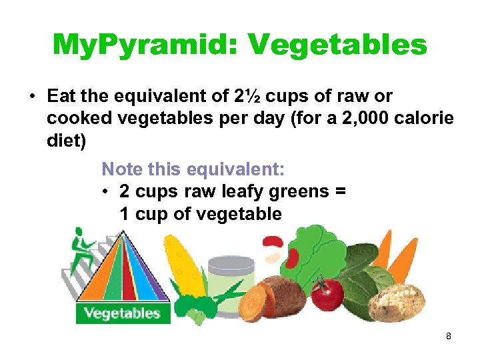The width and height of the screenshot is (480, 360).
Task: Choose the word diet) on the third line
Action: pos(65,143)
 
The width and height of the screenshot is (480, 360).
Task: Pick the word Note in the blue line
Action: pos(121,169)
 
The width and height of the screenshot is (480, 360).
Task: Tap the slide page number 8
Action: pos(449,337)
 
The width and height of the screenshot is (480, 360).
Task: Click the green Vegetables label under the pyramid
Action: pos(123,313)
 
